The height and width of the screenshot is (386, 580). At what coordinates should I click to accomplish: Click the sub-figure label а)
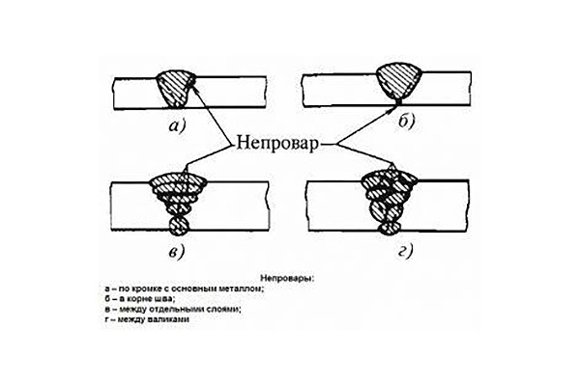click(x=177, y=126)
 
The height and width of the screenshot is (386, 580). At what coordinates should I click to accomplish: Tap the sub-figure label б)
click(x=407, y=122)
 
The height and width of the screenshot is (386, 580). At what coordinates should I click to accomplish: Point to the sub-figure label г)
click(x=405, y=252)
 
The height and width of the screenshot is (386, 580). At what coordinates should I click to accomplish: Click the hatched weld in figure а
click(x=175, y=89)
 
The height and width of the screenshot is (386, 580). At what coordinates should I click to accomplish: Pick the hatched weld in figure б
click(x=398, y=81)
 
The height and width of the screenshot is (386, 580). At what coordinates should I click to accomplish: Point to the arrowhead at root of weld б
click(x=394, y=108)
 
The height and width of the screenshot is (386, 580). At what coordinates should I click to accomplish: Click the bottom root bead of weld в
click(x=179, y=226)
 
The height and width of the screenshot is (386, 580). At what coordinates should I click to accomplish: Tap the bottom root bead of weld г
click(x=390, y=227)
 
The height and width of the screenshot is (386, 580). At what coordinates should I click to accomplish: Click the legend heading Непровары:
click(x=287, y=278)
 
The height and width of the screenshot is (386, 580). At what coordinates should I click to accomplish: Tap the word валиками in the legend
click(x=172, y=318)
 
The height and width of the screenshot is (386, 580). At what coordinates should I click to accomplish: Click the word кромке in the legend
click(x=143, y=289)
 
